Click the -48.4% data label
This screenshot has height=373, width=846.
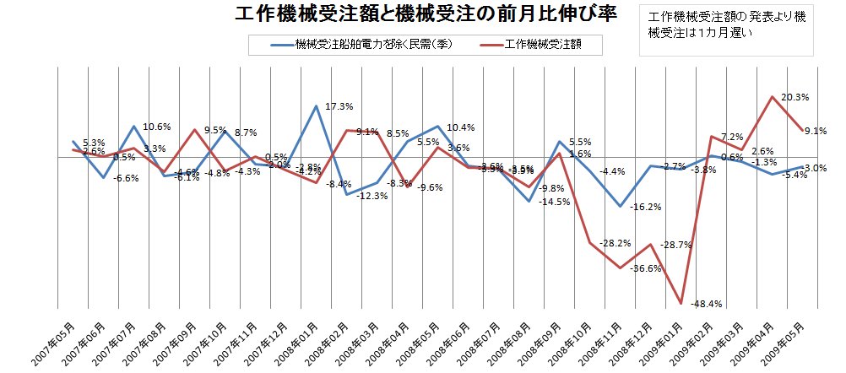pyautogui.click(x=707, y=304)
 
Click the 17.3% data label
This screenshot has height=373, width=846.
pyautogui.click(x=339, y=106)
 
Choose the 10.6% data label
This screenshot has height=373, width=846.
pyautogui.click(x=157, y=127)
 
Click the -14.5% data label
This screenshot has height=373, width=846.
pyautogui.click(x=555, y=202)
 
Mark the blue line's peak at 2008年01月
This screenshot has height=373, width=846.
pyautogui.click(x=317, y=106)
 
